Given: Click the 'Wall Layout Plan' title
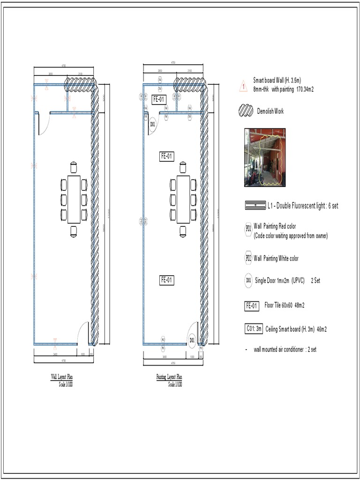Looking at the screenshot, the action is [x=62, y=376].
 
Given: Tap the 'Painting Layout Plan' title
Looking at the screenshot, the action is [x=169, y=376].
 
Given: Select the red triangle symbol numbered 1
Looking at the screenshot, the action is [x=243, y=86].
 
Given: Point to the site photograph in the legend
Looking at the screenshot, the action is [x=264, y=157].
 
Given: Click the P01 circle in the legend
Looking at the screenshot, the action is [x=248, y=228].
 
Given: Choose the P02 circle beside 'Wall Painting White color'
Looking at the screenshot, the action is [x=248, y=258].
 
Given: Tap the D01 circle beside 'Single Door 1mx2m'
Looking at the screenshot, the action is [x=248, y=281].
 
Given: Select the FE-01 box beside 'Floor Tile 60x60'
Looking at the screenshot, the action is [x=251, y=306].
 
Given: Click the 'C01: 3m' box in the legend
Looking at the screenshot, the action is [x=254, y=329].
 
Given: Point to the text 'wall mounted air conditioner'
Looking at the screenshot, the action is [x=278, y=349].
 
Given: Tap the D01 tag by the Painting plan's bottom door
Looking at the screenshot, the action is [x=191, y=340].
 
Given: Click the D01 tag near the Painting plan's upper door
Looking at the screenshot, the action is [x=152, y=124].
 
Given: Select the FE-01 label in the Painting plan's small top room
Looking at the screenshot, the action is [x=159, y=99].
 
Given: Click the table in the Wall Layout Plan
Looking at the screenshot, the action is [x=74, y=199].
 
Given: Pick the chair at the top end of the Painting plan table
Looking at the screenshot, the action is [x=182, y=167].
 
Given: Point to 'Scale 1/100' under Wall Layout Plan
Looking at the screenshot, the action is [x=66, y=384].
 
